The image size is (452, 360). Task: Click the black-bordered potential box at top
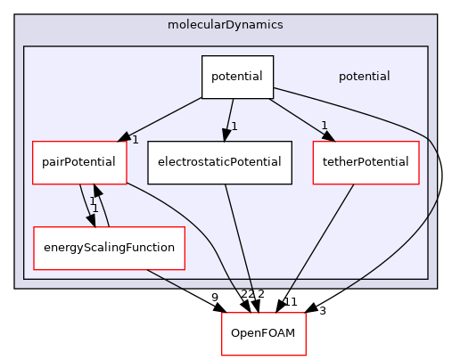(x=236, y=77)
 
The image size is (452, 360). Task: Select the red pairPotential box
(x=78, y=162)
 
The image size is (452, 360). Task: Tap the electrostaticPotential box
(x=219, y=162)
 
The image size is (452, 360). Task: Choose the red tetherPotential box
(x=366, y=162)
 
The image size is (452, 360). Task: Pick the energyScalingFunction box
(x=109, y=248)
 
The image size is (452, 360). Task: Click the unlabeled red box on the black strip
(x=263, y=334)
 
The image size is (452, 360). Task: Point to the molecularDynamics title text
(x=225, y=24)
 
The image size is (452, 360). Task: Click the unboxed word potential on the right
(x=364, y=77)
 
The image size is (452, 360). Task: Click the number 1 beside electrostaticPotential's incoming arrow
(x=234, y=127)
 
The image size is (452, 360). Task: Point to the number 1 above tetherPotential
(x=324, y=126)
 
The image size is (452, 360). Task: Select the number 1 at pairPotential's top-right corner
(x=135, y=140)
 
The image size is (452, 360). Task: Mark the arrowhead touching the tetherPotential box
(x=329, y=135)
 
